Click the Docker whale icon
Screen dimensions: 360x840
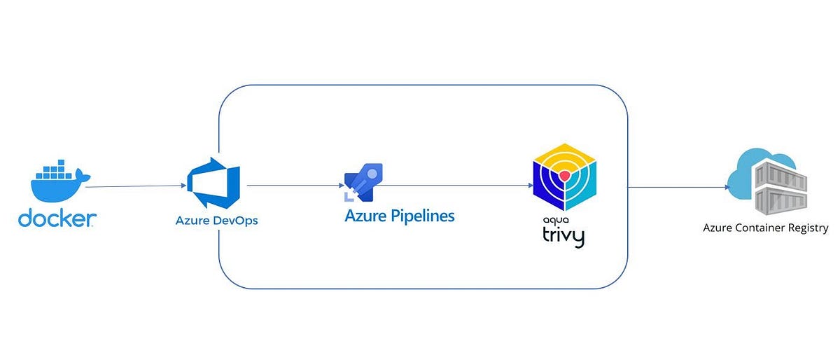pyautogui.click(x=56, y=185)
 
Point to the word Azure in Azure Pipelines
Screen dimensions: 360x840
pyautogui.click(x=366, y=216)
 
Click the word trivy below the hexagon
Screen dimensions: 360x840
pyautogui.click(x=563, y=235)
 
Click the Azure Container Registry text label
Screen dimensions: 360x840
pyautogui.click(x=766, y=228)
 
